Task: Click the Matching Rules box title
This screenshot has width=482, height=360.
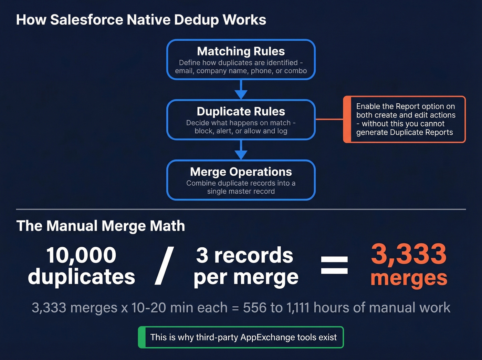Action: [241, 51]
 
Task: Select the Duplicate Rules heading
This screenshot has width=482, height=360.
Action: [241, 112]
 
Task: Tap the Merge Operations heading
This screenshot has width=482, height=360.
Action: [241, 172]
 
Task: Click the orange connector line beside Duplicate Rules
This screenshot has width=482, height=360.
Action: [329, 119]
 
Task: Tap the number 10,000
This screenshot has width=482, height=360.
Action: [81, 255]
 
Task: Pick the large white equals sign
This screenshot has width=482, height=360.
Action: [334, 265]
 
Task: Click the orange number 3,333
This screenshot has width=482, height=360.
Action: [409, 254]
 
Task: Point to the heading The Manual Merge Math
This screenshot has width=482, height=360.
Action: [101, 226]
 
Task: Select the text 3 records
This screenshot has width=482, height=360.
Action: [244, 255]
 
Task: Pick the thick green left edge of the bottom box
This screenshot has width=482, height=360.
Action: [142, 337]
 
